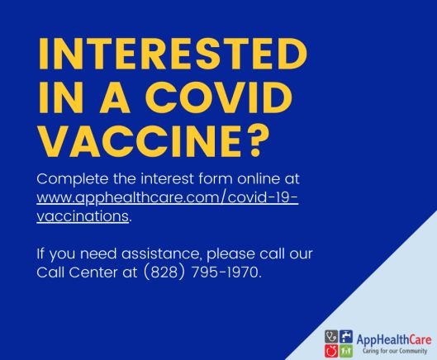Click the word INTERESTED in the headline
coord(173,53)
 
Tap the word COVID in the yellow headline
coord(218,97)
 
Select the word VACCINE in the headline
coord(140,141)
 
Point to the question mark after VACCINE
coord(256,140)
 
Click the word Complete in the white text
coord(72,179)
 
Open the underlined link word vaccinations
coord(83,216)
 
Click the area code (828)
coord(164,272)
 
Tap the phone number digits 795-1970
coord(226,272)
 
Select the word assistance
coord(161,253)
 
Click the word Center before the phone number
coord(93,272)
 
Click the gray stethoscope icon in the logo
coord(331,337)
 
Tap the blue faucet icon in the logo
coord(346,337)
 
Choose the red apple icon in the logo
coord(331,351)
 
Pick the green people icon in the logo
coord(346,351)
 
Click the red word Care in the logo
coord(420,339)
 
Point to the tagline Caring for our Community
coord(395,351)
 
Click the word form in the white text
coord(215,178)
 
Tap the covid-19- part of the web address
coord(263,197)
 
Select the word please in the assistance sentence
coord(230,254)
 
